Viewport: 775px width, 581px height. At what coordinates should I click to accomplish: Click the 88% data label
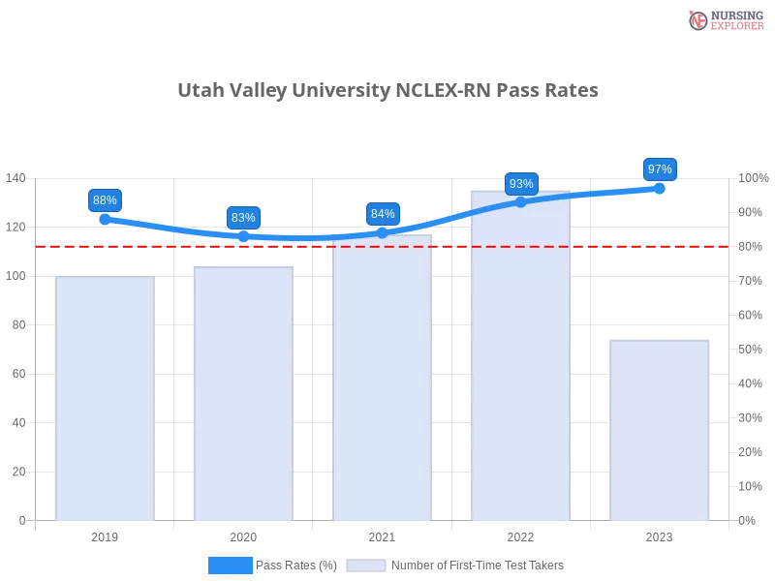[x=105, y=200]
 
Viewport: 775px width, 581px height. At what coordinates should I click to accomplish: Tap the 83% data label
[x=243, y=218]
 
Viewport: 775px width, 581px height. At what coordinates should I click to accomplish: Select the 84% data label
[x=383, y=214]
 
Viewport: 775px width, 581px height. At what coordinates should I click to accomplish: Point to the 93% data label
[x=521, y=184]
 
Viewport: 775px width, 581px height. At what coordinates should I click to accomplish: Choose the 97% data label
[x=660, y=169]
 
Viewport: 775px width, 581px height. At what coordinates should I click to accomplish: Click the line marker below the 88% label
[x=105, y=220]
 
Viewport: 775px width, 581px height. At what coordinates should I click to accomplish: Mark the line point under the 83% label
[x=243, y=236]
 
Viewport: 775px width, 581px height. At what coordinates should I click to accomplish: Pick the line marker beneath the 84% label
[x=383, y=232]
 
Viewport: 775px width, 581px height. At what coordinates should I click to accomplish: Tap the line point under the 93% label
[x=521, y=201]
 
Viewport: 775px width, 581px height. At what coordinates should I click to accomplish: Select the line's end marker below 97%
[x=660, y=189]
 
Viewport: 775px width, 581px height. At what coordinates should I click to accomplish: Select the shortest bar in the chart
[x=660, y=431]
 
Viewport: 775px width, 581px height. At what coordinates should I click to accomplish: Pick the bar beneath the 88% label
[x=105, y=397]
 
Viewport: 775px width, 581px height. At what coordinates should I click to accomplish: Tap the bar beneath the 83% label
[x=243, y=392]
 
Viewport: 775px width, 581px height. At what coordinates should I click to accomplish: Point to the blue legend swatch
[x=230, y=565]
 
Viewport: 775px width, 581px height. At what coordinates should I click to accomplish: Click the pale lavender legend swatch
[x=366, y=565]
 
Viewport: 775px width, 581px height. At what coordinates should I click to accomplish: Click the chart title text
[x=391, y=91]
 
